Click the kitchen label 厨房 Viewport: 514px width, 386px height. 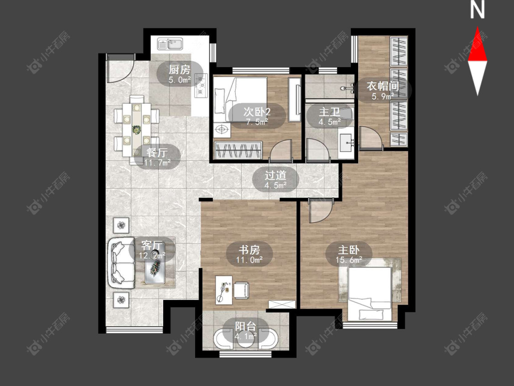(179, 70)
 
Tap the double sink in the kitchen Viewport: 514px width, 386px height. (170, 44)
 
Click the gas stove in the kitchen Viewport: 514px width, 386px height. (201, 86)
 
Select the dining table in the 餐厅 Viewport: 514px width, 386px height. (136, 130)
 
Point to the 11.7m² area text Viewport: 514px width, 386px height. (158, 162)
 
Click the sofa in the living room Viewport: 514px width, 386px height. (121, 263)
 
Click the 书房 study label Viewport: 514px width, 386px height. (249, 250)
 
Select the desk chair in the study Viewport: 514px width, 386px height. (241, 290)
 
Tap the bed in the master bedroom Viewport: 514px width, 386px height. (370, 294)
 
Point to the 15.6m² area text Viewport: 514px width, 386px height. (349, 260)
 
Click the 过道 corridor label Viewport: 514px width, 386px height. (276, 176)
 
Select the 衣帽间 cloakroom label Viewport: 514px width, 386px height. (383, 86)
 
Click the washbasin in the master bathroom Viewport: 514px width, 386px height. (346, 143)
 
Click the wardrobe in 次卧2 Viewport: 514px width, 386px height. (238, 150)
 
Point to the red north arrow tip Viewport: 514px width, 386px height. (477, 27)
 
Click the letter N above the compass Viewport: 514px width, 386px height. (477, 10)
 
